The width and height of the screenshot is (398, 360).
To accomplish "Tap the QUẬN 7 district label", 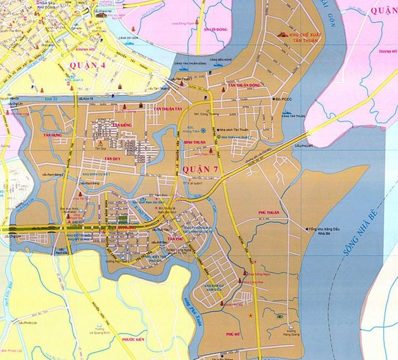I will click(x=200, y=169).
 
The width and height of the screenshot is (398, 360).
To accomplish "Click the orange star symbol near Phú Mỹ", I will click(x=251, y=315).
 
